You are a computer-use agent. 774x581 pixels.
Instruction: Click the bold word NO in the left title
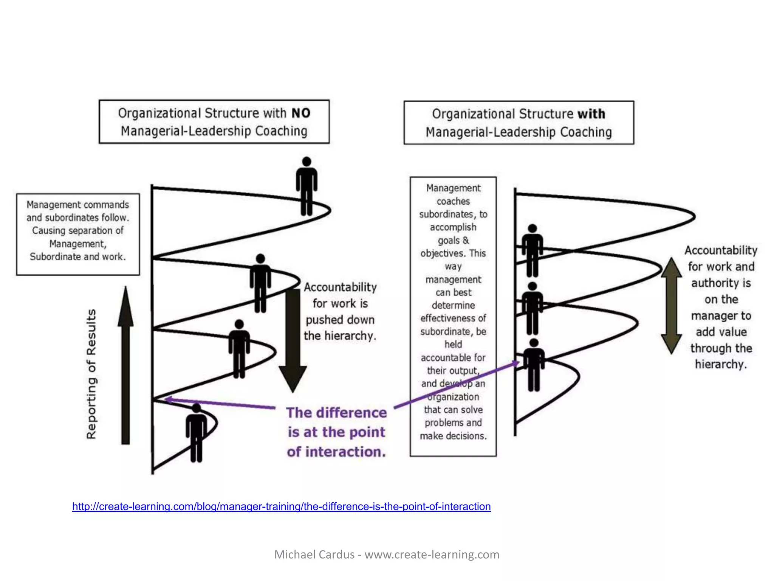point(301,113)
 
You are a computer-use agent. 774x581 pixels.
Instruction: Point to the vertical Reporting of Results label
point(91,374)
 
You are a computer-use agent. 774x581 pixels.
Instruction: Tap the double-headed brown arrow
point(671,306)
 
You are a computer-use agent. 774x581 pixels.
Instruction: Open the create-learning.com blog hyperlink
point(281,506)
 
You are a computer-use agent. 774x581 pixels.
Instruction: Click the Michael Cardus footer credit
point(387,555)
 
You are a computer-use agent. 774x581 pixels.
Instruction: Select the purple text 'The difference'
point(336,413)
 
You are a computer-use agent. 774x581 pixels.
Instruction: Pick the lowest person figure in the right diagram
point(534,365)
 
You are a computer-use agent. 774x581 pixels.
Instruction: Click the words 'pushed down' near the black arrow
point(340,320)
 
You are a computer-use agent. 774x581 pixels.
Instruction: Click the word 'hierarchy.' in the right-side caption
point(721,364)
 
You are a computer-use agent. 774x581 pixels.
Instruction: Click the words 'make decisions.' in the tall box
point(453,436)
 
